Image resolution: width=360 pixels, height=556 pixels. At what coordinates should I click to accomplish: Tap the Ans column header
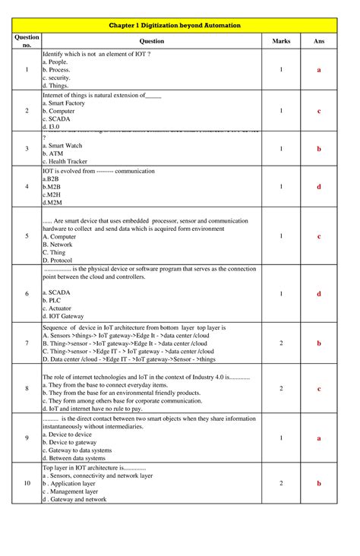click(x=319, y=41)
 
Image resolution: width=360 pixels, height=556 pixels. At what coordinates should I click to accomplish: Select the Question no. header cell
click(x=27, y=41)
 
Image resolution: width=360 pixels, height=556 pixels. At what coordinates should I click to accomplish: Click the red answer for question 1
click(x=319, y=70)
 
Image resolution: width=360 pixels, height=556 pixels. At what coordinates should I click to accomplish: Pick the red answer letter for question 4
click(x=319, y=187)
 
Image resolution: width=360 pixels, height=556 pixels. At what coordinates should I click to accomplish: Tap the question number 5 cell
click(x=27, y=236)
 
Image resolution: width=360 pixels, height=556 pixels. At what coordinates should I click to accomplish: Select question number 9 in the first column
click(x=27, y=438)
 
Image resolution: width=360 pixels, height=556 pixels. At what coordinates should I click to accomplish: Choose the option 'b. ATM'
click(x=55, y=153)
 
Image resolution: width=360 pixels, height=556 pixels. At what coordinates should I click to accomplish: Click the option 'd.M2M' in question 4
click(x=53, y=203)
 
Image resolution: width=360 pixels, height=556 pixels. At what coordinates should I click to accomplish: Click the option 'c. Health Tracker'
click(x=65, y=162)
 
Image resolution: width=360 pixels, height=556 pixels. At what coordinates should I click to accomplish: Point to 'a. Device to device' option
click(x=68, y=434)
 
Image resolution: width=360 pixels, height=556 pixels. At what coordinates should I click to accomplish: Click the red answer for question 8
click(x=319, y=389)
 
